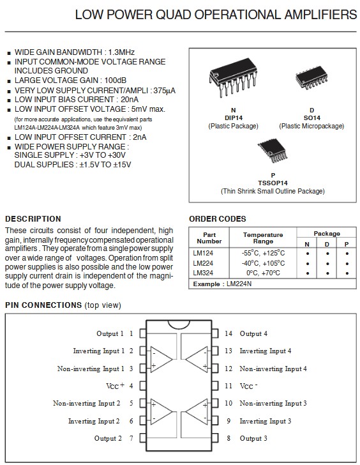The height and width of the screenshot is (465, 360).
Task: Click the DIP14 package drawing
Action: click(x=233, y=78)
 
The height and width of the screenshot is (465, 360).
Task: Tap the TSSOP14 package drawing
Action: click(x=273, y=151)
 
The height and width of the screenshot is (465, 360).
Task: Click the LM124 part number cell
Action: click(x=203, y=253)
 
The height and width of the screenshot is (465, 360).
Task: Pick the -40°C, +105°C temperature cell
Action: click(x=263, y=263)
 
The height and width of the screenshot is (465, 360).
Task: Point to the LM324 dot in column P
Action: click(x=347, y=273)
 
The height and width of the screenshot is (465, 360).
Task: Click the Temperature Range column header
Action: click(x=263, y=238)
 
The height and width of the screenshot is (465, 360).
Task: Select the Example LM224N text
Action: click(x=222, y=284)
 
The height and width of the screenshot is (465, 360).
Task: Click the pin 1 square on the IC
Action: click(x=143, y=333)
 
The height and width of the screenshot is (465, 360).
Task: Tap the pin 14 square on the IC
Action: click(x=215, y=333)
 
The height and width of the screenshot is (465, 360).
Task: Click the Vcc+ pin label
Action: click(x=116, y=386)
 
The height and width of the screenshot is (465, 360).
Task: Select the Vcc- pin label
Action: click(x=248, y=386)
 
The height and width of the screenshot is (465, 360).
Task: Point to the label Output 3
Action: click(x=253, y=438)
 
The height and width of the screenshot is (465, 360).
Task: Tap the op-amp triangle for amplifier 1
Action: click(x=161, y=359)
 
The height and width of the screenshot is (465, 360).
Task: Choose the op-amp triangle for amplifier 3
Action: click(x=197, y=411)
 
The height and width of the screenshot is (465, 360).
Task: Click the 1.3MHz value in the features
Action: click(x=121, y=52)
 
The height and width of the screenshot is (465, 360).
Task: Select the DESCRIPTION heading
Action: click(x=33, y=219)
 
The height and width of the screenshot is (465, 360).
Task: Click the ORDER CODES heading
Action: click(x=218, y=219)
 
